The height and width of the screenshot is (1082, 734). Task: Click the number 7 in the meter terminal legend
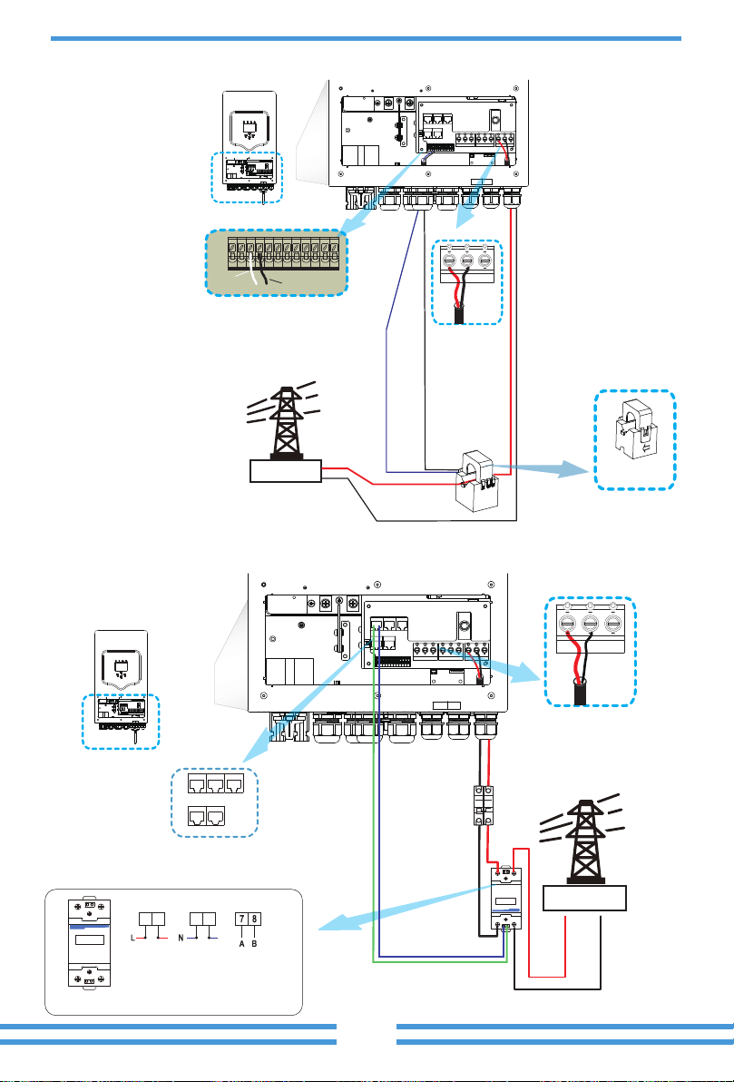pos(240,919)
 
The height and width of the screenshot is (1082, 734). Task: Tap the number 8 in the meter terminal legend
pos(254,919)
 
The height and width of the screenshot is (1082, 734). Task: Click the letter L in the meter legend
pos(132,939)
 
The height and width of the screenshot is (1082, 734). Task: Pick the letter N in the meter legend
pos(181,939)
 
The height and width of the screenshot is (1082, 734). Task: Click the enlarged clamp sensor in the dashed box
pos(635,439)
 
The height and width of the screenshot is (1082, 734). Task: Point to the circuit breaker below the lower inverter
pos(482,804)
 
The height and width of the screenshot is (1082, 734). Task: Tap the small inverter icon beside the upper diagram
pos(251,145)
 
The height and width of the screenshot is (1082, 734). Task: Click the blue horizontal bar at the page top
pos(366,39)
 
